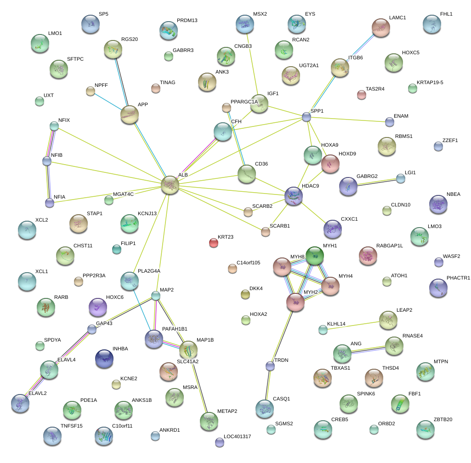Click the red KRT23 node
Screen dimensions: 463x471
coord(213,242)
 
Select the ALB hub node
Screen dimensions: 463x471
coord(170,185)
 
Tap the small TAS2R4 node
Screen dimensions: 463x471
coord(362,95)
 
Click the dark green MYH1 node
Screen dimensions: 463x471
coord(315,256)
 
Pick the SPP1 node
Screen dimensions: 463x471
coord(306,117)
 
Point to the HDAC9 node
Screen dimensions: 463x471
coord(293,195)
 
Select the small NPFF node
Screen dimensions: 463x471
coord(91,91)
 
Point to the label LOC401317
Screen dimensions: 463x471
coord(237,436)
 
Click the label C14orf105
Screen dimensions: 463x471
coord(248,263)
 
